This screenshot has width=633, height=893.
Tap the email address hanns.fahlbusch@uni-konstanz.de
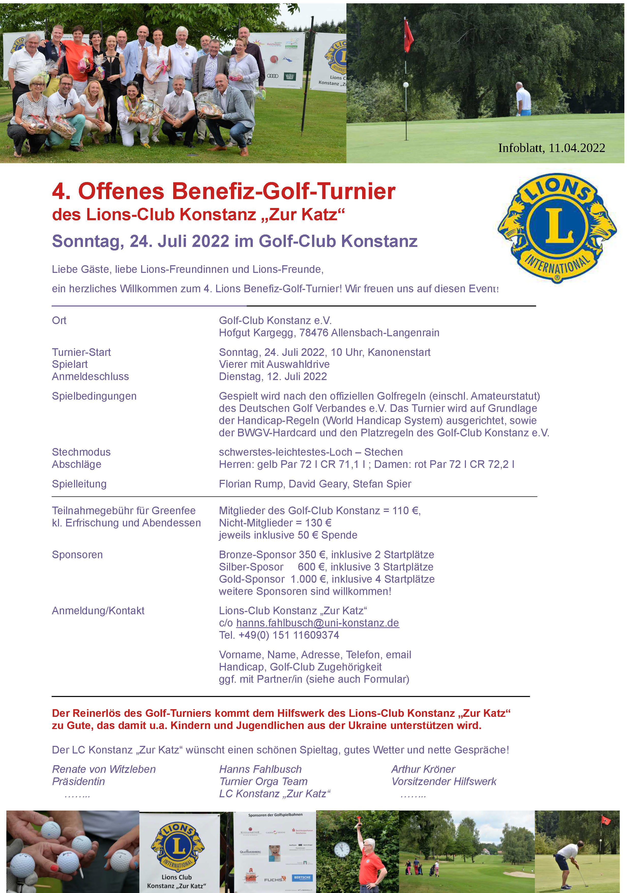317,623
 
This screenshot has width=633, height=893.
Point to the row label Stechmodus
81,452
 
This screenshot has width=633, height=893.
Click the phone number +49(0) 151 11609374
289,635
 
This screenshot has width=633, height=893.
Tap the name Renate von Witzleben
104,769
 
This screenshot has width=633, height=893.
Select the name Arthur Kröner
423,769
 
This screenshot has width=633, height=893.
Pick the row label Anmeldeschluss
91,376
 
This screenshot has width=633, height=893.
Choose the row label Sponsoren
77,554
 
